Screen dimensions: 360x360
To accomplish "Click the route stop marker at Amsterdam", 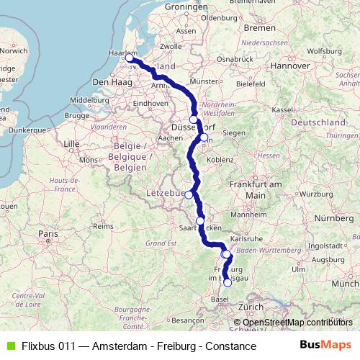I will pyautogui.click(x=130, y=58).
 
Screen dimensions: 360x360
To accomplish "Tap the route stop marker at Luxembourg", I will pyautogui.click(x=189, y=194).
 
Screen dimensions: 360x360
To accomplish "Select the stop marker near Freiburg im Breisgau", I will pyautogui.click(x=228, y=282).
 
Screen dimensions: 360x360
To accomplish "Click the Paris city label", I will pyautogui.click(x=48, y=234).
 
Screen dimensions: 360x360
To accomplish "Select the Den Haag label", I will pyautogui.click(x=109, y=83).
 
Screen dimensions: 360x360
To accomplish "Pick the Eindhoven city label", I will pyautogui.click(x=150, y=103).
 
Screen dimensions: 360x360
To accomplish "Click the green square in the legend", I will pyautogui.click(x=9, y=346).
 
